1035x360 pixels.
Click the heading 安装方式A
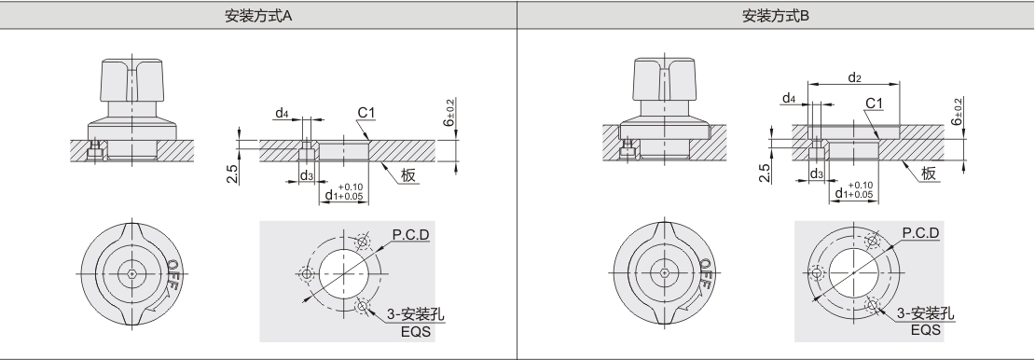(258, 16)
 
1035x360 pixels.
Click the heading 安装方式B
(776, 16)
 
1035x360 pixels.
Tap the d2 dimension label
(854, 78)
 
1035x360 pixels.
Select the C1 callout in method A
(366, 113)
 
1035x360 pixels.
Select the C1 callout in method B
(874, 103)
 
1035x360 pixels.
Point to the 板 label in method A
(408, 175)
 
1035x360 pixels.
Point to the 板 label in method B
(929, 173)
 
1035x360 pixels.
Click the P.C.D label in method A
(410, 234)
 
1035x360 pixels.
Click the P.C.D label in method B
(921, 233)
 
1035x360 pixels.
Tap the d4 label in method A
(282, 114)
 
